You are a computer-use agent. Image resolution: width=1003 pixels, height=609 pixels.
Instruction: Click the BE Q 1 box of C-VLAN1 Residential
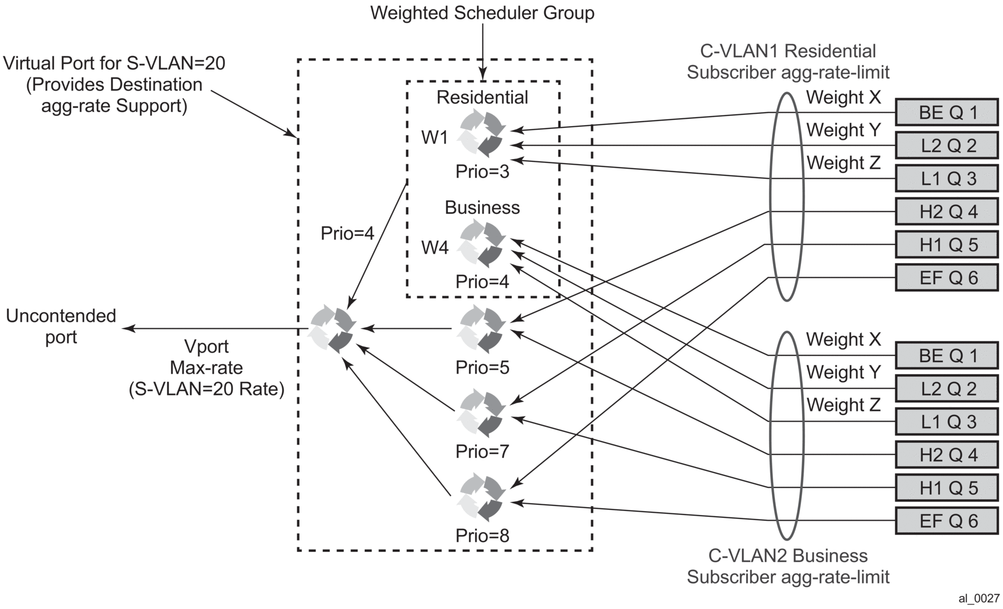tap(946, 113)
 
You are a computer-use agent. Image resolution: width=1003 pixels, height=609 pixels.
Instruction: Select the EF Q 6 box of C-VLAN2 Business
tap(946, 521)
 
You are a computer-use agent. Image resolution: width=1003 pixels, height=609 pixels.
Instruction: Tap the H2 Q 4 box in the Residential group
tap(946, 212)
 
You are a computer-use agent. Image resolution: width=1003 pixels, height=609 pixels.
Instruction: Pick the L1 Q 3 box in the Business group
tap(946, 422)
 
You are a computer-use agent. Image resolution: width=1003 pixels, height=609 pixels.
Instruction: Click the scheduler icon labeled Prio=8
tap(482, 498)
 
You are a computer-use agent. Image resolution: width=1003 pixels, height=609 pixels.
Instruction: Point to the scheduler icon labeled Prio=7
tap(482, 413)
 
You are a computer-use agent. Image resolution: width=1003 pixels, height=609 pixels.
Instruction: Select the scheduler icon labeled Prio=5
tap(482, 329)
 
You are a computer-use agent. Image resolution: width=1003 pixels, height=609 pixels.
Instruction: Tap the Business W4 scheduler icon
tap(482, 244)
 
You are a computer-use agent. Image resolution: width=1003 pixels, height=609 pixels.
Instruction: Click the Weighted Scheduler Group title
tap(482, 13)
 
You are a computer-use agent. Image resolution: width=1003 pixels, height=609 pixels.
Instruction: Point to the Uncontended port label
tap(61, 327)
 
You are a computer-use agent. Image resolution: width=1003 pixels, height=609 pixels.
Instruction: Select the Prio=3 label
tap(482, 171)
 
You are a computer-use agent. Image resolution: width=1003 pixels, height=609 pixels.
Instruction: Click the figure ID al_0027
tap(979, 598)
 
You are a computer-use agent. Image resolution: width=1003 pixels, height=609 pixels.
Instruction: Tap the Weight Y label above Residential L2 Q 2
tap(843, 130)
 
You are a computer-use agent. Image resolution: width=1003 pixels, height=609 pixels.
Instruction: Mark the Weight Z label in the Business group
tap(843, 405)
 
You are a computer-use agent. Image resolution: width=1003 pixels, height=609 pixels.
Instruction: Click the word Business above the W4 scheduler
tap(482, 208)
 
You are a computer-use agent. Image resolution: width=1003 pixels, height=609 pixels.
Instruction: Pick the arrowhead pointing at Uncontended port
tap(129, 328)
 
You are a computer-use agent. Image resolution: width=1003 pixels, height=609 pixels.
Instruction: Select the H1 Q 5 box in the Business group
tap(946, 488)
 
